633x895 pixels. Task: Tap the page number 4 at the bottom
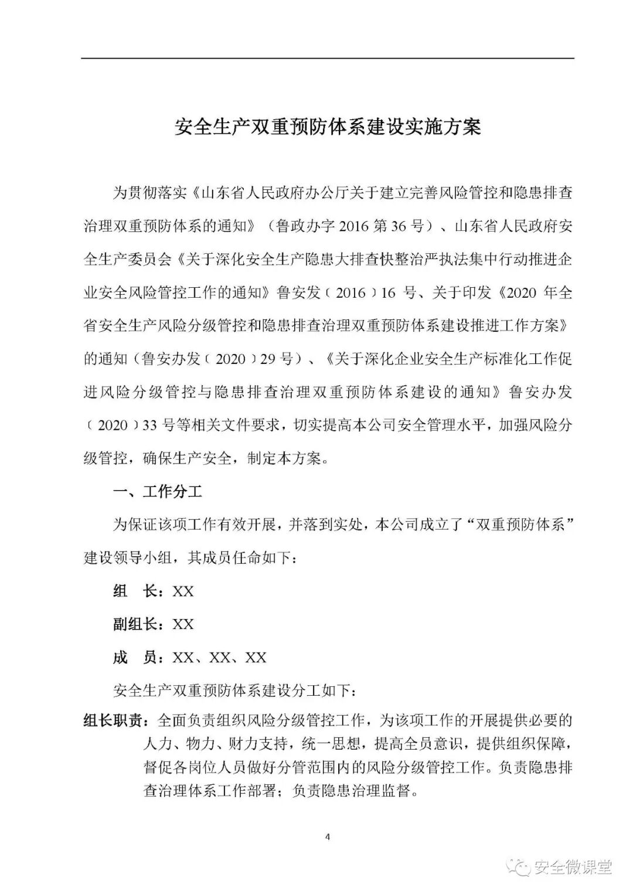coord(328,836)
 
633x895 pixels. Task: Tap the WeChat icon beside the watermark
coord(519,867)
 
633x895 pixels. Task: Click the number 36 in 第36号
coord(398,226)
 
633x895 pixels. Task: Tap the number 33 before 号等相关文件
coord(150,425)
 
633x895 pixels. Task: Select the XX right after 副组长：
coord(183,624)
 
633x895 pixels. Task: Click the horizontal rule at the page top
coord(328,58)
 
